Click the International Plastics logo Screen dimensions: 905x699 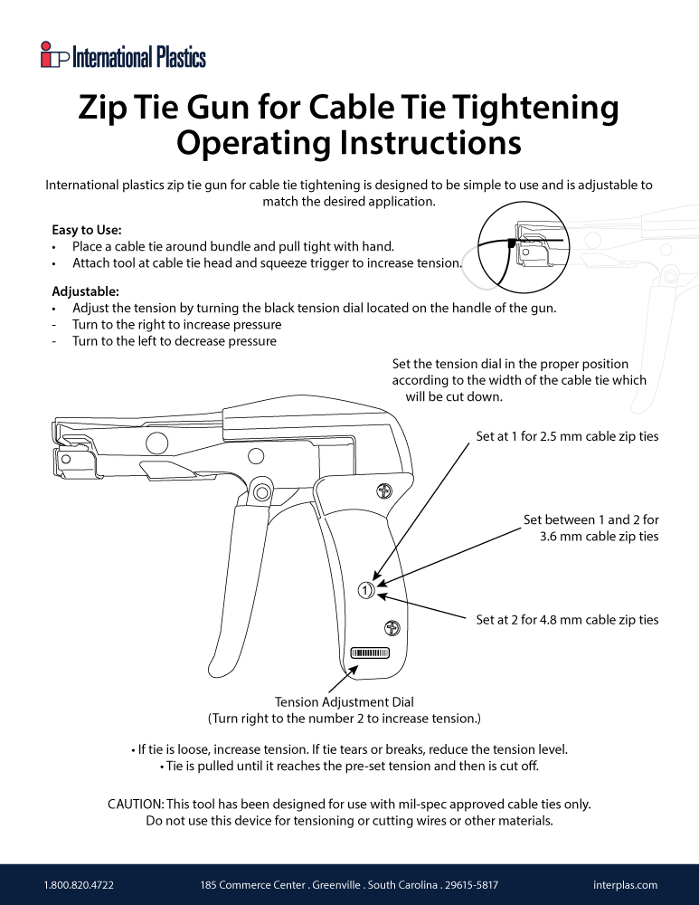click(x=123, y=57)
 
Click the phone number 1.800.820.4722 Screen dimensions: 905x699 click(x=79, y=884)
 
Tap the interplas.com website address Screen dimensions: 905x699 click(x=625, y=884)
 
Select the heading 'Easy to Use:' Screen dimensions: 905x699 click(x=87, y=230)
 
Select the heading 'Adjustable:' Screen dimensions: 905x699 click(x=85, y=291)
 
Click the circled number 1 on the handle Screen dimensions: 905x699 click(x=364, y=590)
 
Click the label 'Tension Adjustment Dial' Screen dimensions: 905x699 click(x=344, y=701)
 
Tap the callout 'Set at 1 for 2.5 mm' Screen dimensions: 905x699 click(x=567, y=436)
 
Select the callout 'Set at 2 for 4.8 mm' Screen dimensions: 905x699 click(x=567, y=620)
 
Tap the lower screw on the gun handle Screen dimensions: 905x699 click(x=392, y=625)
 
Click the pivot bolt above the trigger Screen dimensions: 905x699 click(x=262, y=491)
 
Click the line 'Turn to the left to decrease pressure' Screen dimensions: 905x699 click(x=174, y=341)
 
